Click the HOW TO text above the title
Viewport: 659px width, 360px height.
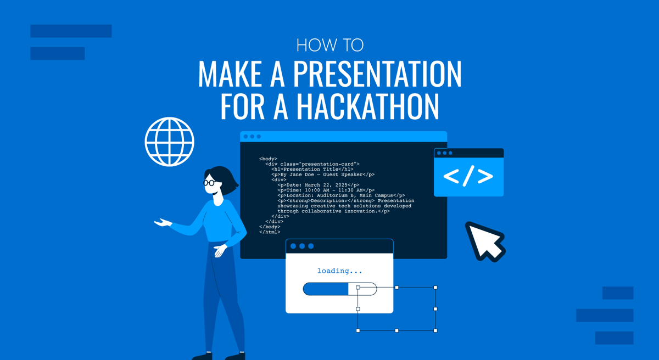click(x=329, y=45)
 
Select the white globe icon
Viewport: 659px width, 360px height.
click(x=170, y=142)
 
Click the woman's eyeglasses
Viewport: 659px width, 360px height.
click(x=210, y=183)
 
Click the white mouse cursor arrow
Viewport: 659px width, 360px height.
click(x=484, y=240)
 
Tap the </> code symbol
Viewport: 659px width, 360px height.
click(x=468, y=176)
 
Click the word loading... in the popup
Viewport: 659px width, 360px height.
click(x=339, y=271)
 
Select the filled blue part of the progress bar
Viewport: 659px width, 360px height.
click(x=326, y=289)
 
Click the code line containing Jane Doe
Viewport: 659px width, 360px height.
click(x=323, y=175)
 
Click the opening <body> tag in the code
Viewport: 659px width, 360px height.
click(x=269, y=159)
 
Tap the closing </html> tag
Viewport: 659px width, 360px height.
click(x=270, y=232)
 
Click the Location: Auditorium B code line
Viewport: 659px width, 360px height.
click(x=341, y=195)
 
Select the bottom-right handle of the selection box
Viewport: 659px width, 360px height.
click(x=435, y=330)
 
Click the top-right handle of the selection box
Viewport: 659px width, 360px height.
click(x=435, y=288)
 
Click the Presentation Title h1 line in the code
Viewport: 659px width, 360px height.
click(x=312, y=169)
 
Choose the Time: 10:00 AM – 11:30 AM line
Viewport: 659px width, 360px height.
click(x=326, y=190)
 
